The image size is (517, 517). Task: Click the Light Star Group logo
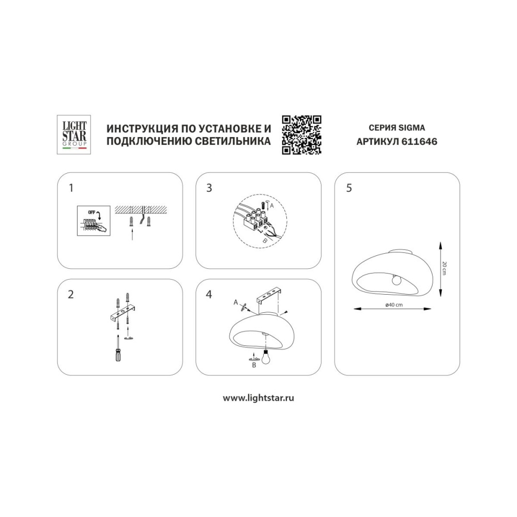tap(74, 134)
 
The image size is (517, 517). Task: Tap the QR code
tap(301, 134)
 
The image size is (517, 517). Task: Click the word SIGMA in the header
tap(412, 128)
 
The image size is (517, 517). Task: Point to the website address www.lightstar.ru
tap(258, 398)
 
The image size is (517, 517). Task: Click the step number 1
tap(71, 188)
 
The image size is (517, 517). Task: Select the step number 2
tap(70, 295)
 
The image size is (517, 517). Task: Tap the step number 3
tap(209, 188)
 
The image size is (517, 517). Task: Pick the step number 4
tap(209, 295)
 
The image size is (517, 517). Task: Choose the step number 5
tap(349, 188)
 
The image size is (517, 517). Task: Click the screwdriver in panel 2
tap(118, 348)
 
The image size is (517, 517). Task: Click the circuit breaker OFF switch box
tap(94, 221)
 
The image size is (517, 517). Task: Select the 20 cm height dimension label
tap(444, 268)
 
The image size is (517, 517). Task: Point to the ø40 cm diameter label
tap(394, 305)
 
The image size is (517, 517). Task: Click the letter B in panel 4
tap(254, 365)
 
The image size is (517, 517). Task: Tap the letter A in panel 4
tap(236, 302)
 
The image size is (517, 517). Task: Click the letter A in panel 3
tap(271, 205)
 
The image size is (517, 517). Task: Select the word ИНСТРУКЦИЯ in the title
tap(140, 128)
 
